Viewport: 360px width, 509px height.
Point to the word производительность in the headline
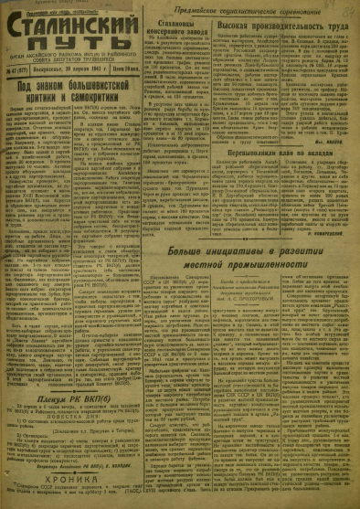285,28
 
